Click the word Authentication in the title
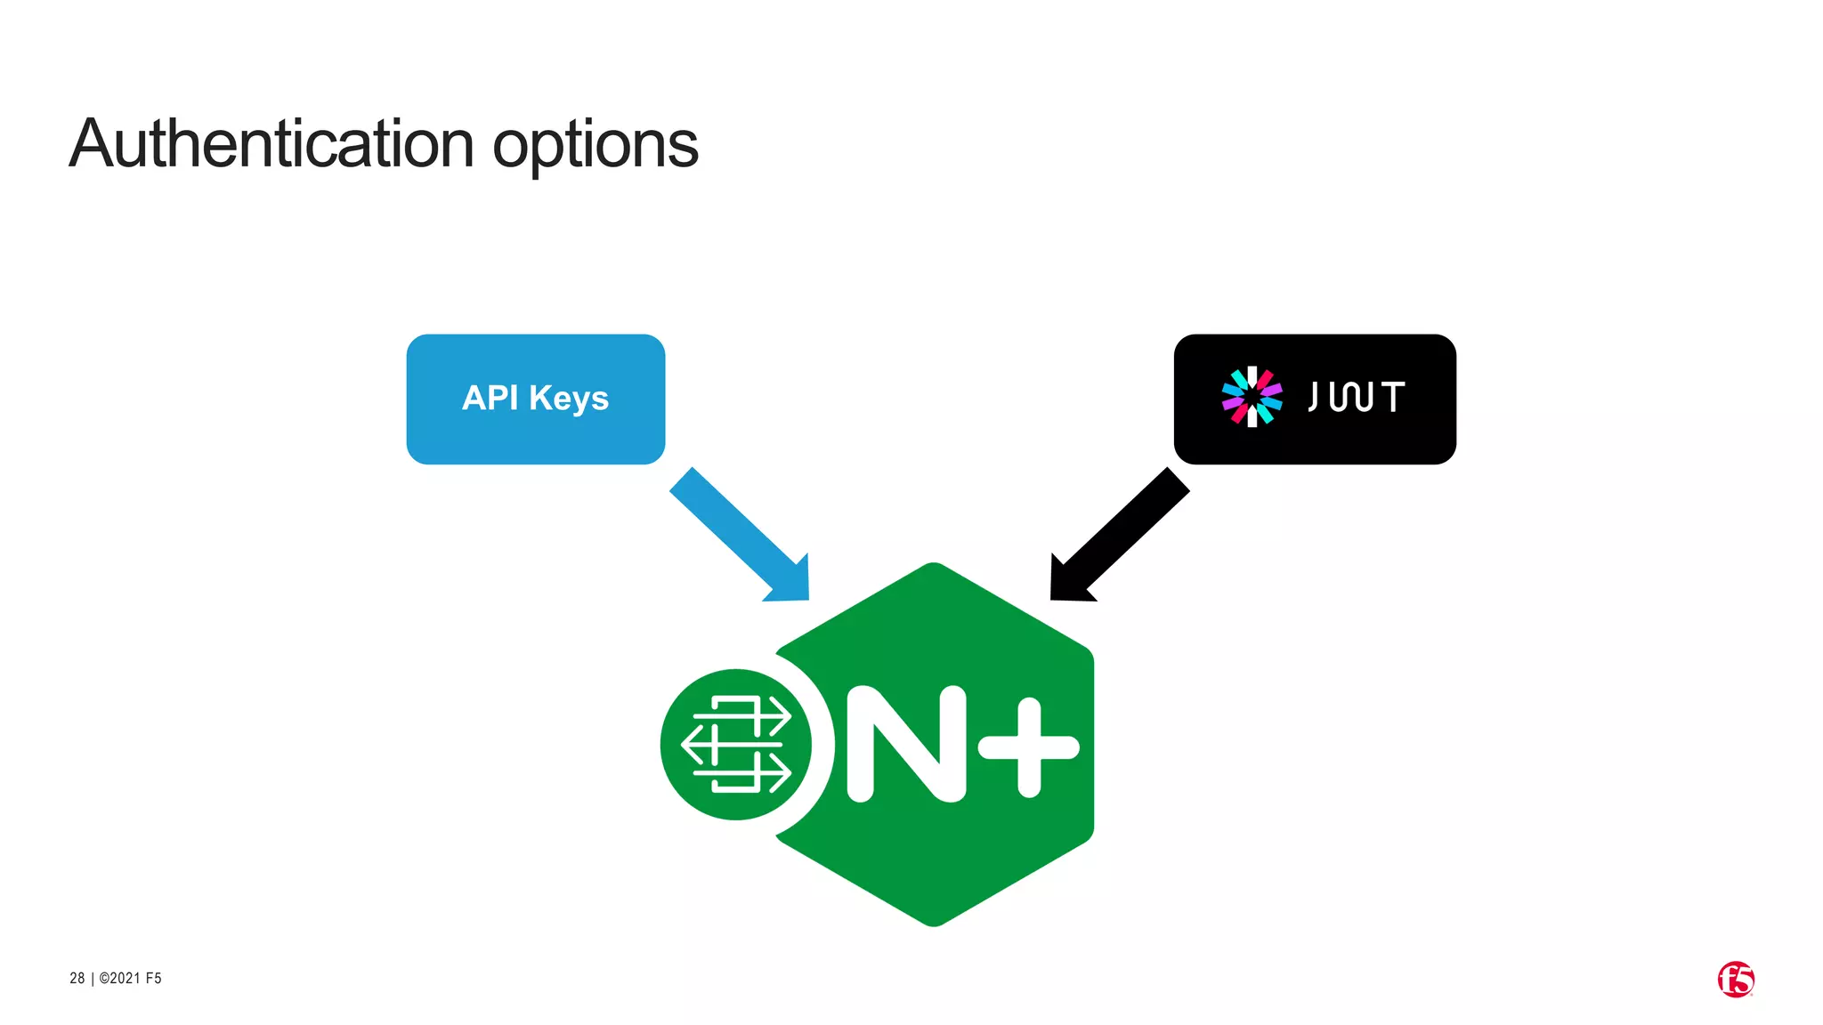click(271, 144)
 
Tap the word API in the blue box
click(490, 398)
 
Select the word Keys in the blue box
click(569, 400)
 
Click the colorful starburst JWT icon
click(1252, 397)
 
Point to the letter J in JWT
click(1313, 397)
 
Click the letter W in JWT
click(1351, 397)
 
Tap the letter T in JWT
click(1393, 397)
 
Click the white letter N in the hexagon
click(906, 744)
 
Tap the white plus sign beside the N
click(1029, 747)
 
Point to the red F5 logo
click(1735, 980)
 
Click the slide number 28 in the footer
click(77, 979)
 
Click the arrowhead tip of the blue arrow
click(806, 597)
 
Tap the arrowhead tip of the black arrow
click(1054, 597)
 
